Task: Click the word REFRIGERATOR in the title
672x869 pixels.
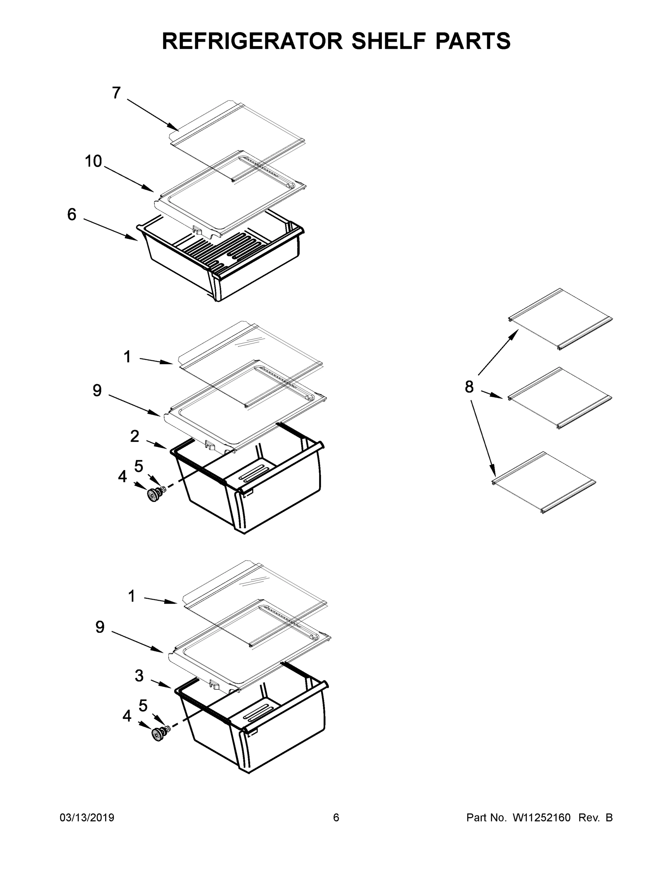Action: pos(252,41)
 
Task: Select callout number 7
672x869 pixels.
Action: pos(116,93)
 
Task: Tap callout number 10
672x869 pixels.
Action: pos(93,161)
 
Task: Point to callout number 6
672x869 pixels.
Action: pos(72,214)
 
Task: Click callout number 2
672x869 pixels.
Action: pos(134,436)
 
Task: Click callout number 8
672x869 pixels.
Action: pos(469,386)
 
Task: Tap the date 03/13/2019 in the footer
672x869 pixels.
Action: pos(87,817)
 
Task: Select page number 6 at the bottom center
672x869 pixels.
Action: pos(336,817)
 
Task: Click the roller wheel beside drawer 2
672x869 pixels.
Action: pos(153,495)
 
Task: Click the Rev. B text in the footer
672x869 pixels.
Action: pos(595,817)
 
